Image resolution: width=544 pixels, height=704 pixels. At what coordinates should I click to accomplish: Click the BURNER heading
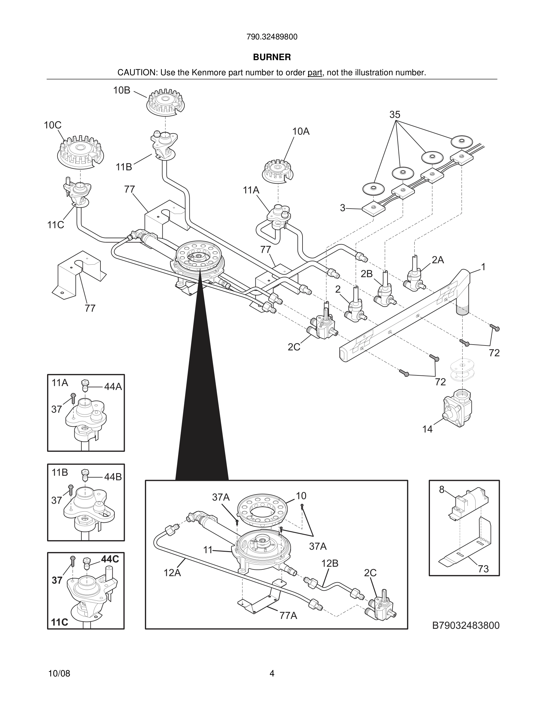coord(272,57)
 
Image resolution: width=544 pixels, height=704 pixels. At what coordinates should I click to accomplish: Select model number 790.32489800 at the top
coord(272,37)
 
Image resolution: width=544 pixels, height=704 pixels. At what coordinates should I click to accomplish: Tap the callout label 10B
coord(121,91)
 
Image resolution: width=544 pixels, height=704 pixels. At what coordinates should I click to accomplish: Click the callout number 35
coord(395,115)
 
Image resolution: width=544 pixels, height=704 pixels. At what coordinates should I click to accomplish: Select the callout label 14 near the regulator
coord(427,429)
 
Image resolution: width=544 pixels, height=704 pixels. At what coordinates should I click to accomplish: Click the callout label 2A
coord(438,260)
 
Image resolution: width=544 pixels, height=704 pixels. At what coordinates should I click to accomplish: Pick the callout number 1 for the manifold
coord(483,267)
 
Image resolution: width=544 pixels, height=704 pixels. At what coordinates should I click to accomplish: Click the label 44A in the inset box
coord(113,386)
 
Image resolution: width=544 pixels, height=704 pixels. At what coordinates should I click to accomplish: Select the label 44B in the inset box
coord(113,477)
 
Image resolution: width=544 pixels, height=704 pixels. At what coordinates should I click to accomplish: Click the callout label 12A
coord(172,573)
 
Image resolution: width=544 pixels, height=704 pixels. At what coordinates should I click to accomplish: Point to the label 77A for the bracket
coord(288,616)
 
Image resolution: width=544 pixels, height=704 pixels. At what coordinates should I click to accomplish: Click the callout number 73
coord(483,569)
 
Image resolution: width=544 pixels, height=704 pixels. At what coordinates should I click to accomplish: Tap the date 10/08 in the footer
coord(59,673)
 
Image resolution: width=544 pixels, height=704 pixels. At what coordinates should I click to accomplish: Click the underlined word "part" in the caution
coord(315,73)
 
